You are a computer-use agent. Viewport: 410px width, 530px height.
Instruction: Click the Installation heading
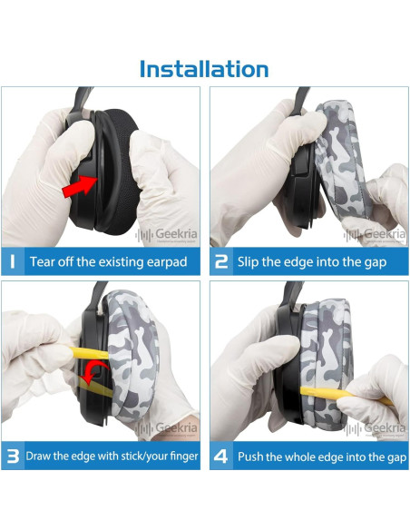204,69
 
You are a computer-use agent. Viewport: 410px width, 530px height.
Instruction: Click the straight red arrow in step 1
81,186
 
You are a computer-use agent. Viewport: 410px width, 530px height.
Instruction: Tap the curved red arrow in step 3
94,372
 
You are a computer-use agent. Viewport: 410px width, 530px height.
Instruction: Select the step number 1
13,261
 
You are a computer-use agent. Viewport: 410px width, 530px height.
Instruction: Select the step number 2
221,261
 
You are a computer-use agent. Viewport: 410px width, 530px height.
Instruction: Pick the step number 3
13,456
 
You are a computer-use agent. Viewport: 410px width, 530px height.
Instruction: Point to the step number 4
220,456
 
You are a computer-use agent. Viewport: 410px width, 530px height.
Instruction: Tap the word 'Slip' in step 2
247,262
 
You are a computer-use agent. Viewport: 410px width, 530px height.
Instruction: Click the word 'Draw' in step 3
38,456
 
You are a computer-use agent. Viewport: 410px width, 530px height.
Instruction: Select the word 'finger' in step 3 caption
184,456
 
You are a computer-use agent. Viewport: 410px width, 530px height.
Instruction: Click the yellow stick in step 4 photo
346,396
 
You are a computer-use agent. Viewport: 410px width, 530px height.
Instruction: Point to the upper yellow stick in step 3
90,352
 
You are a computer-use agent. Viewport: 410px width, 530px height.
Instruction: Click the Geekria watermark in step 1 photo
166,234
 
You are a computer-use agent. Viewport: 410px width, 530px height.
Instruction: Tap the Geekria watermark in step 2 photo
375,234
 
